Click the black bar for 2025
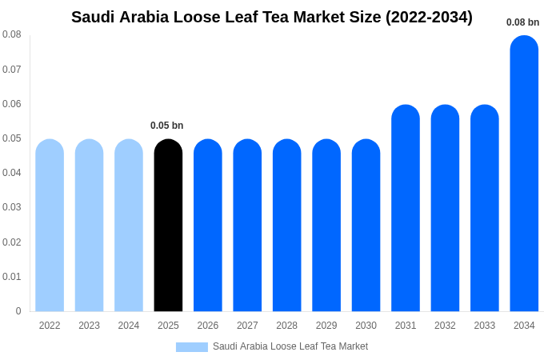point(168,226)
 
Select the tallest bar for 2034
point(524,174)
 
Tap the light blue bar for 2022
point(50,226)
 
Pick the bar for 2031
point(406,208)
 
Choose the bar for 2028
point(287,226)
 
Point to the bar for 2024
point(129,226)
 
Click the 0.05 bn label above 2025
point(167,126)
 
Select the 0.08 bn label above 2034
point(523,22)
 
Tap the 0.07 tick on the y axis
point(12,70)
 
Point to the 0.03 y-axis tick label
point(12,207)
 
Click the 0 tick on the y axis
point(18,311)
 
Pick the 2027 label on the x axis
point(247,326)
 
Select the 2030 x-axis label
point(366,326)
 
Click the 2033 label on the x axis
point(485,326)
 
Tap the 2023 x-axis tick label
point(89,326)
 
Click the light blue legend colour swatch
point(192,347)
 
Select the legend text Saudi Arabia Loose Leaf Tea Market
point(290,346)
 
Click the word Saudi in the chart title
point(93,17)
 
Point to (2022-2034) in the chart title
point(429,17)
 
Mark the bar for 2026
point(208,226)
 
